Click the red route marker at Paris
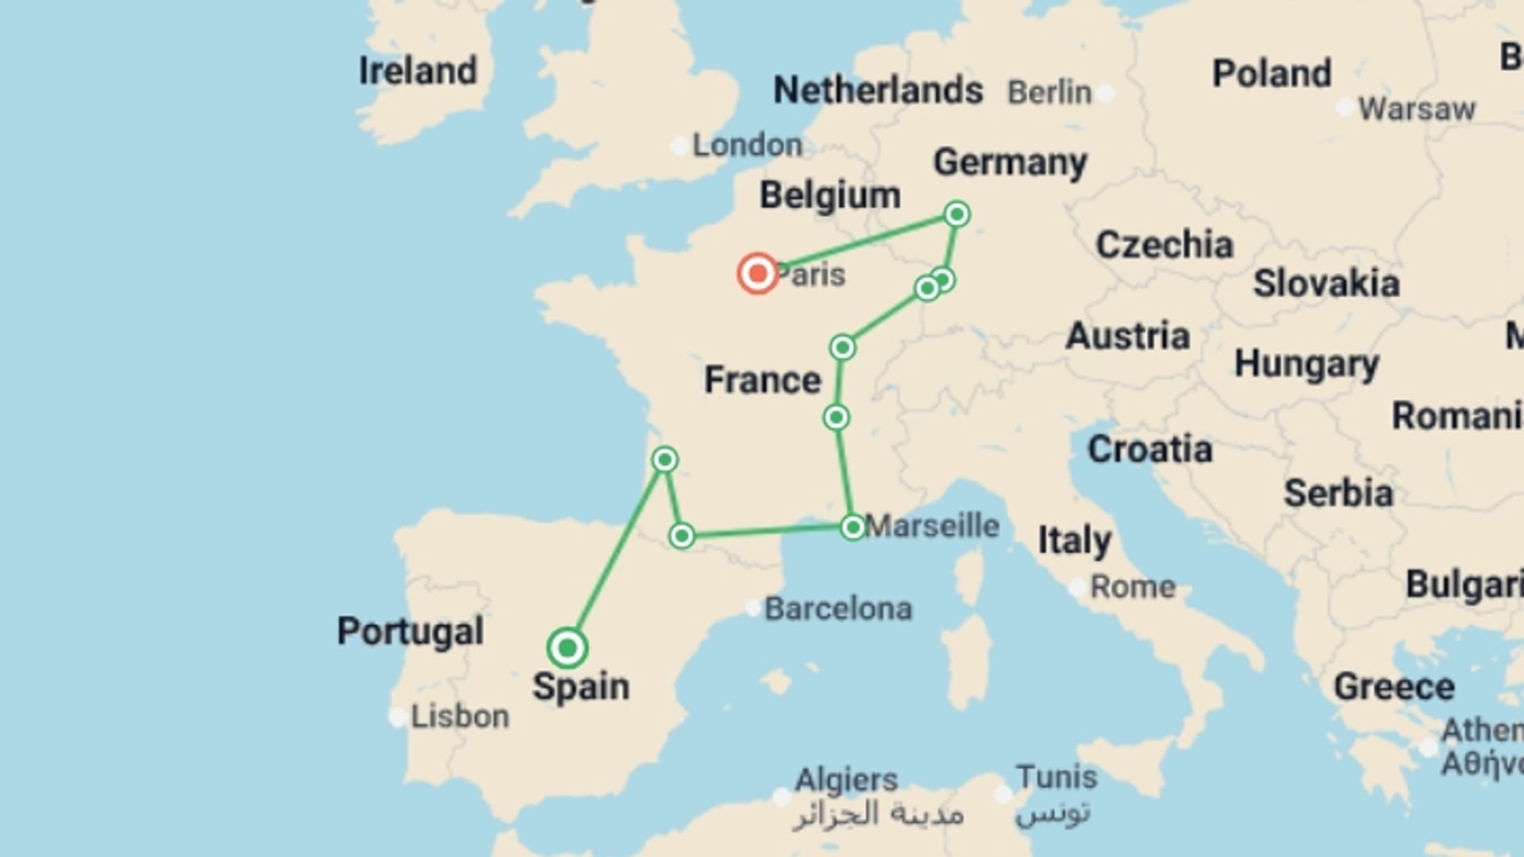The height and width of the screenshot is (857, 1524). (x=757, y=274)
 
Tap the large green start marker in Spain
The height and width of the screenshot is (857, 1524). (x=567, y=648)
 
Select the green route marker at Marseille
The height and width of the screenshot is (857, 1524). (x=852, y=527)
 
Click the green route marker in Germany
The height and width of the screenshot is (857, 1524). (x=956, y=214)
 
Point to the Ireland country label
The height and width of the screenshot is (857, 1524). (x=418, y=71)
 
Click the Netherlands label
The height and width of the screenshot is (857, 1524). (x=878, y=90)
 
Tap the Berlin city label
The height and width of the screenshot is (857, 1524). (x=1049, y=93)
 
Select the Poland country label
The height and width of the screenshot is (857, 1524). (x=1272, y=74)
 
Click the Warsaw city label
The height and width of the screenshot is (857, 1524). (x=1417, y=109)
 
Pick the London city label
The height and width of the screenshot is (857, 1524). (x=747, y=145)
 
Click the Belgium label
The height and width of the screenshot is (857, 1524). (x=829, y=195)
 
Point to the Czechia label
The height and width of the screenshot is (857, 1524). (x=1164, y=245)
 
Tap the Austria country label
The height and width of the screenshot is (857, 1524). (x=1127, y=336)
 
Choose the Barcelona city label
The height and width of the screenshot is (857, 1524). (x=837, y=609)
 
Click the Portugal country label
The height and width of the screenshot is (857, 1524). (x=410, y=632)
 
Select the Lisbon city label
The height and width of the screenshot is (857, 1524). (x=460, y=717)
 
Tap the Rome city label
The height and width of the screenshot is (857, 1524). (x=1133, y=587)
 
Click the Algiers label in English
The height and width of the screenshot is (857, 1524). (x=846, y=780)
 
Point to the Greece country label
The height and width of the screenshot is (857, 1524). (x=1394, y=686)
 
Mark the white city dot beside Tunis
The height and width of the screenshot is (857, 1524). (x=1003, y=794)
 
